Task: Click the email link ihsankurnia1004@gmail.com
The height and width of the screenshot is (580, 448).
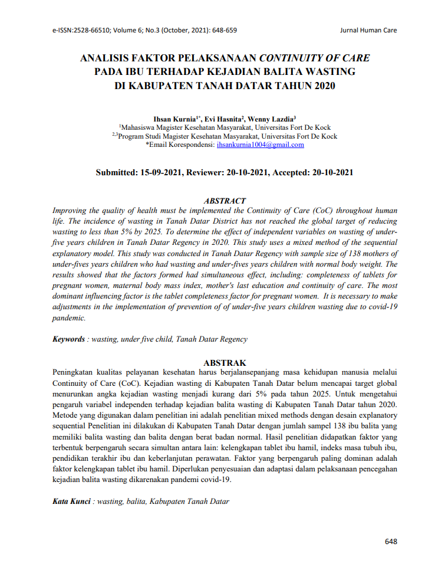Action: [x=260, y=145]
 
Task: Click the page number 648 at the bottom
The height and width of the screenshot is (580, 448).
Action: [x=391, y=541]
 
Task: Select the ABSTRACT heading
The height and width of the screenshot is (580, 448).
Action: [x=224, y=201]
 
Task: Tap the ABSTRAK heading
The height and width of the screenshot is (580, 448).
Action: [x=225, y=363]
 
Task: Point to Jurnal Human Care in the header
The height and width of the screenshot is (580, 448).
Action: [x=369, y=30]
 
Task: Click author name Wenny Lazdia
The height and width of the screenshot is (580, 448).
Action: [x=274, y=119]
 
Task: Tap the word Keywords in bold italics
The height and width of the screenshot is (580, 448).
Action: [x=69, y=339]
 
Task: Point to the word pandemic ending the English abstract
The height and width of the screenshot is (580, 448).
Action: [x=69, y=318]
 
